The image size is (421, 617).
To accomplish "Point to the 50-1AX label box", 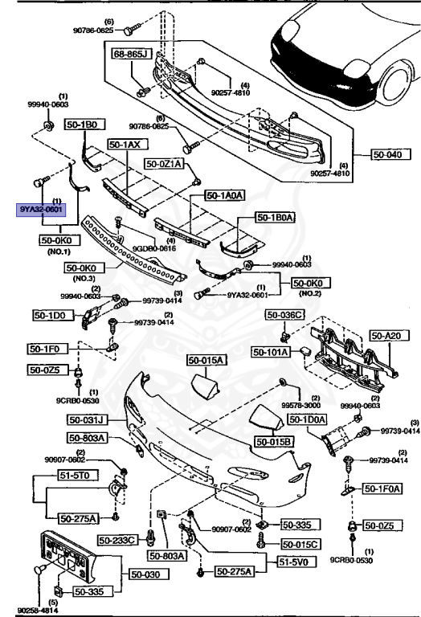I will (x=125, y=145).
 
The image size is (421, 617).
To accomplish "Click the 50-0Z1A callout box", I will (x=165, y=163).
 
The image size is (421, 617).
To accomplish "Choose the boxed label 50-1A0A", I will (x=227, y=194).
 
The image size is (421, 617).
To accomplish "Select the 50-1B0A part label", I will (x=276, y=217).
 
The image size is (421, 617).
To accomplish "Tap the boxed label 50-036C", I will (x=285, y=315).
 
